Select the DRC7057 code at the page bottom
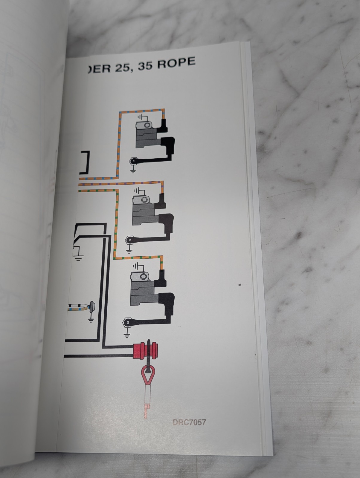189,422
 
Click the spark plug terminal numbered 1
133,161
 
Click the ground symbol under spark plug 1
133,171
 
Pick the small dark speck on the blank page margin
240,284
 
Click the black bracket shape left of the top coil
86,163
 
